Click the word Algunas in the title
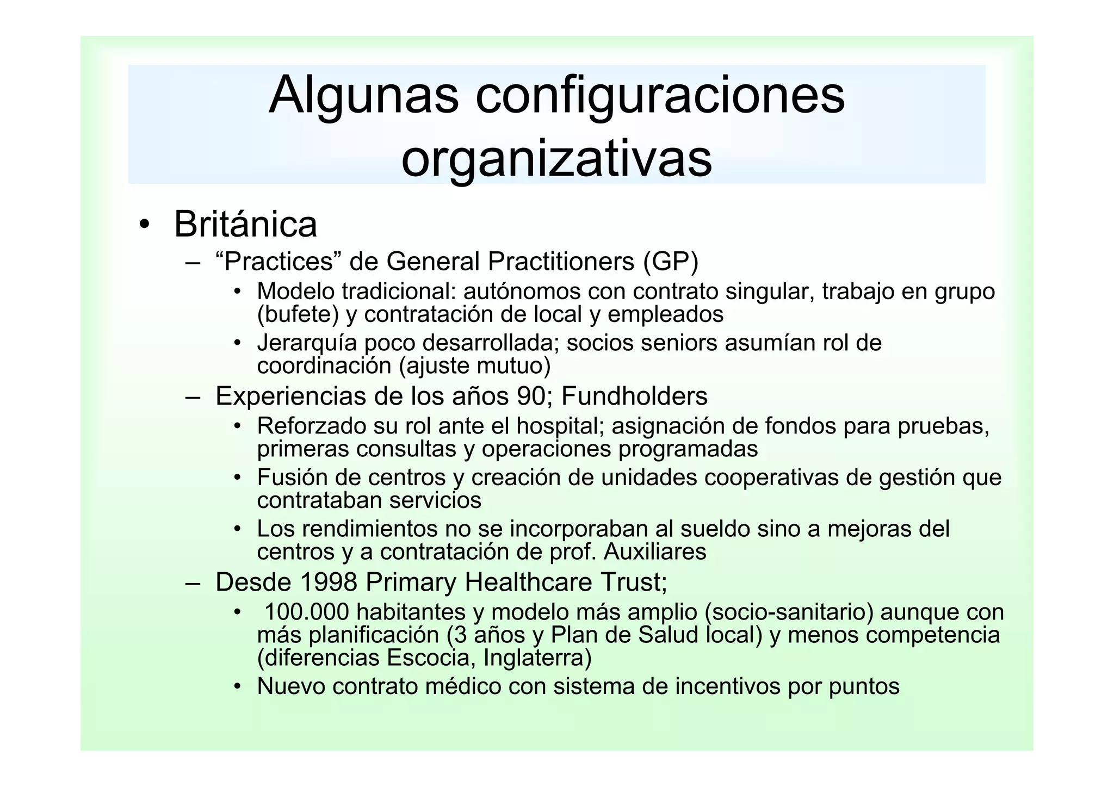click(x=363, y=96)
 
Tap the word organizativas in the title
click(x=556, y=159)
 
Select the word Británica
click(x=245, y=224)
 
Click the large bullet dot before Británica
click(x=144, y=225)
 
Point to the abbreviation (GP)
click(x=670, y=262)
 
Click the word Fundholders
click(x=634, y=396)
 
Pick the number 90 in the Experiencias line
click(x=531, y=396)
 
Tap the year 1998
click(x=329, y=582)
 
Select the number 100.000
click(x=306, y=612)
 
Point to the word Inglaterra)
click(x=537, y=658)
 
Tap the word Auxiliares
click(x=655, y=552)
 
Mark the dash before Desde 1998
click(x=193, y=582)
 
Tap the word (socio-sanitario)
click(x=789, y=612)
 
